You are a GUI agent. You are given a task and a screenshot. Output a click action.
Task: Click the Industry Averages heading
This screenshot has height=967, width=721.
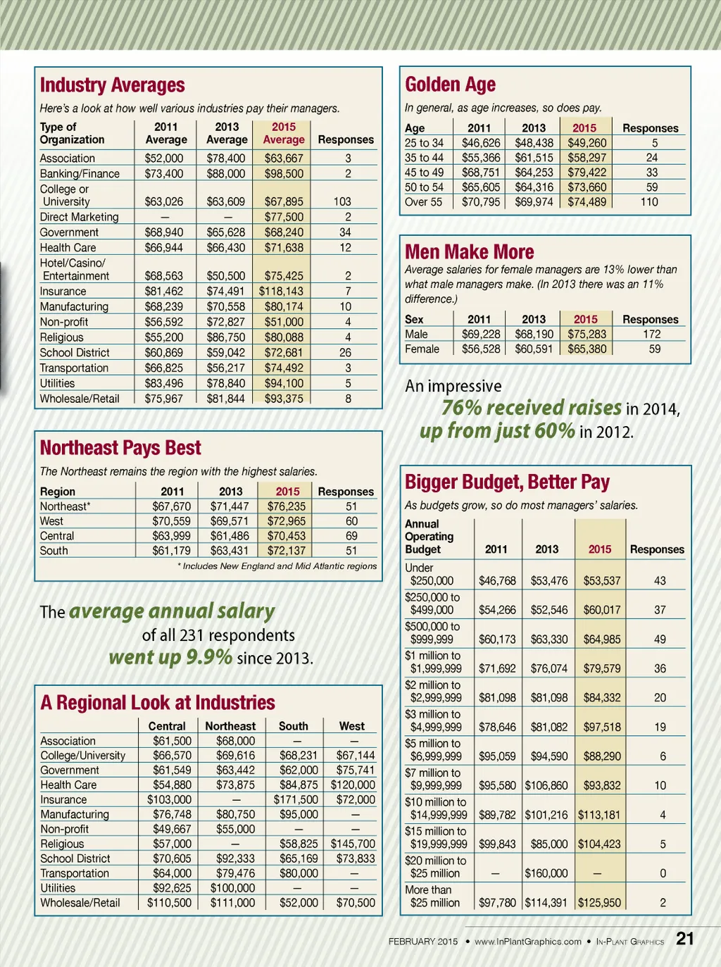(113, 85)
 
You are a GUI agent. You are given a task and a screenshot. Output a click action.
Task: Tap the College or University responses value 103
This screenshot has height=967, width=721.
(342, 201)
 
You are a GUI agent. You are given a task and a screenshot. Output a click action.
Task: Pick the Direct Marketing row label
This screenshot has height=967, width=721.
(79, 217)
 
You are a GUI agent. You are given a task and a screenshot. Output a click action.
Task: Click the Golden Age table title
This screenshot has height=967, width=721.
(450, 85)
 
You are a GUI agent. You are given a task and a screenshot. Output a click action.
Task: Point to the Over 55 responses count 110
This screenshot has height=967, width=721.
(649, 202)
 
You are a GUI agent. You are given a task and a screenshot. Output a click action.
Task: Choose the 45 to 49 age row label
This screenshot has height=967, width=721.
(424, 173)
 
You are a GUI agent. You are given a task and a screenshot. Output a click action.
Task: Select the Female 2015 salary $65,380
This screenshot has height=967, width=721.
(587, 349)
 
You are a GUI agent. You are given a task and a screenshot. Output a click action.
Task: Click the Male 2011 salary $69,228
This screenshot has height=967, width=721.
(481, 334)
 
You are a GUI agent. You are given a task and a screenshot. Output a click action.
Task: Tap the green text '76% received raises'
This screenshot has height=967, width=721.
(532, 408)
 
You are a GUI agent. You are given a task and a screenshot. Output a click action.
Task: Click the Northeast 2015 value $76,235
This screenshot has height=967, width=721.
(287, 506)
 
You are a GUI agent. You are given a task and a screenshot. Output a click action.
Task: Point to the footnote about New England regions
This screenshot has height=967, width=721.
(277, 566)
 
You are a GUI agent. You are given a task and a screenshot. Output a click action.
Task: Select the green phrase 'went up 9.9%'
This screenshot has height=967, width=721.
(170, 658)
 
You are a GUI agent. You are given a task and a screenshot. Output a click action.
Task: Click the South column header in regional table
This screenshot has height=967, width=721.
(294, 726)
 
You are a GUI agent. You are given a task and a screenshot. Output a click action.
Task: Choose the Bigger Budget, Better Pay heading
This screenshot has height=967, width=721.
(507, 482)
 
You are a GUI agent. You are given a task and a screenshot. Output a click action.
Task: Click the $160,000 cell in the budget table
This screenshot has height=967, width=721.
(546, 873)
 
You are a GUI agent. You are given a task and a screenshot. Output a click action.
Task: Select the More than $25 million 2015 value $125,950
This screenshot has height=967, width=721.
(599, 903)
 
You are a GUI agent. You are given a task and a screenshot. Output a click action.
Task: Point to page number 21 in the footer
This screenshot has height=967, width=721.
(685, 939)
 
